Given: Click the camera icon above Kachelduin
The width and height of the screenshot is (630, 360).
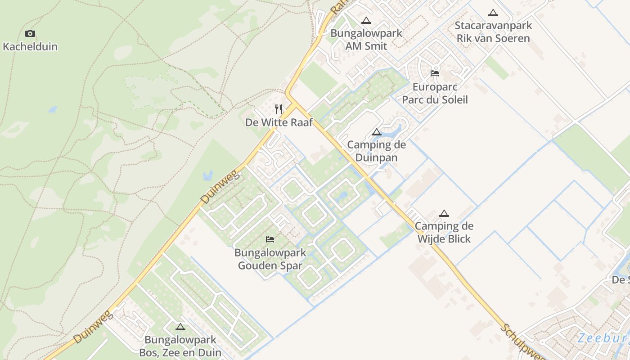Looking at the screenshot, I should (30, 33).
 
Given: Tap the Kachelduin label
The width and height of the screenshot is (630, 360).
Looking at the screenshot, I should (30, 46).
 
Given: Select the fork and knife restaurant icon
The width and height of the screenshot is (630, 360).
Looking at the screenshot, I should (279, 109).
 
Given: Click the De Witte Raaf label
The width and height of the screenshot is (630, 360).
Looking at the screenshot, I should (279, 122).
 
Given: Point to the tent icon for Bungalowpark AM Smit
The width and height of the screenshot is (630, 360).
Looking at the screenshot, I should (366, 20).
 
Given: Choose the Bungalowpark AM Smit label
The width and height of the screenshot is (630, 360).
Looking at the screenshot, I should (366, 39).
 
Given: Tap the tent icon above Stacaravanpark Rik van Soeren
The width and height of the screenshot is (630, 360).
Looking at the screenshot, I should (493, 13).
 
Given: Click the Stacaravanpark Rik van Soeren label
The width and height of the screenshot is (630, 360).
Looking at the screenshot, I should (493, 32).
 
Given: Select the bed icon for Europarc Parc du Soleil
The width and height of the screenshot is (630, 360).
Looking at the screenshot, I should (435, 73).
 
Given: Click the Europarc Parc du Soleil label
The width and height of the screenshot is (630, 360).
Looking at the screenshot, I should (435, 93).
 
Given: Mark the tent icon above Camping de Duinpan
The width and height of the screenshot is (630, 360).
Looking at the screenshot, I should (377, 132).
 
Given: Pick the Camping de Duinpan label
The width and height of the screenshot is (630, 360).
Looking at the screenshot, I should (377, 151).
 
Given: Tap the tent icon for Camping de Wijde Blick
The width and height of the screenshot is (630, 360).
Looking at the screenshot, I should (444, 213).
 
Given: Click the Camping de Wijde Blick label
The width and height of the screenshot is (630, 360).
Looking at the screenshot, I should (444, 232).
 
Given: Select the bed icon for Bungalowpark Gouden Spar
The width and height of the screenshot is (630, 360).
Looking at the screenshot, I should (270, 239).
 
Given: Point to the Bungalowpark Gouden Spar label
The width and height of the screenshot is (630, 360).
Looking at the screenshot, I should (270, 259).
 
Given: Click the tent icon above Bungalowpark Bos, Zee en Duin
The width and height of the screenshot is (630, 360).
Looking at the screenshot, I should (180, 327).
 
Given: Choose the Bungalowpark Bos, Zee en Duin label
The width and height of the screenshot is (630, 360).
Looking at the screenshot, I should (180, 346).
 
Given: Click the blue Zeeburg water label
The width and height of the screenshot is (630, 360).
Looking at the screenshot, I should (603, 338).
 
